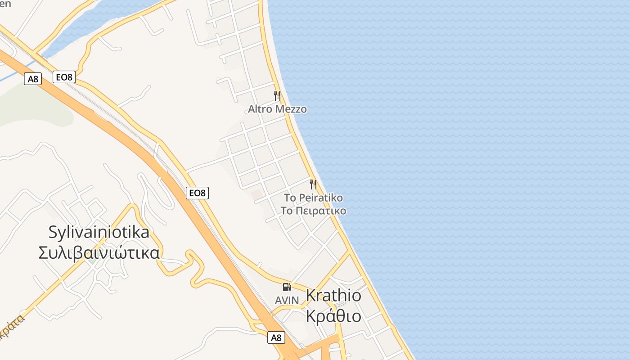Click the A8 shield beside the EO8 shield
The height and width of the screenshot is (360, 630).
(x=33, y=79)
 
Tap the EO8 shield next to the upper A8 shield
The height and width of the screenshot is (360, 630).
(x=63, y=77)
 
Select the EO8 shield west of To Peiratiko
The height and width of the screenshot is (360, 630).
(x=197, y=193)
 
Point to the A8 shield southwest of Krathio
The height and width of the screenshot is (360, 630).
(x=276, y=337)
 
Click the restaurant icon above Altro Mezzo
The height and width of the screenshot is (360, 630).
(x=277, y=95)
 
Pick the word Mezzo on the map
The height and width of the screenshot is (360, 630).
(x=292, y=109)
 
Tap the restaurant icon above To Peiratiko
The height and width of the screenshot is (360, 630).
(x=313, y=184)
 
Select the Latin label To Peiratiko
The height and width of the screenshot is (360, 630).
(x=313, y=198)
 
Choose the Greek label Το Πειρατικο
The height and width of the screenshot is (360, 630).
(x=313, y=211)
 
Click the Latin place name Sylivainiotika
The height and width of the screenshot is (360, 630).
(x=99, y=232)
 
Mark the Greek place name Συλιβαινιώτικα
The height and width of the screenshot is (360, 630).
(x=99, y=252)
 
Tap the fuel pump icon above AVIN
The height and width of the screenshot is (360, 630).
(x=287, y=287)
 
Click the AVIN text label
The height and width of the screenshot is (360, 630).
(x=287, y=300)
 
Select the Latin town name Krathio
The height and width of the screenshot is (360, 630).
(x=333, y=295)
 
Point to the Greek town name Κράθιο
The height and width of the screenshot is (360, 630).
(x=333, y=315)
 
